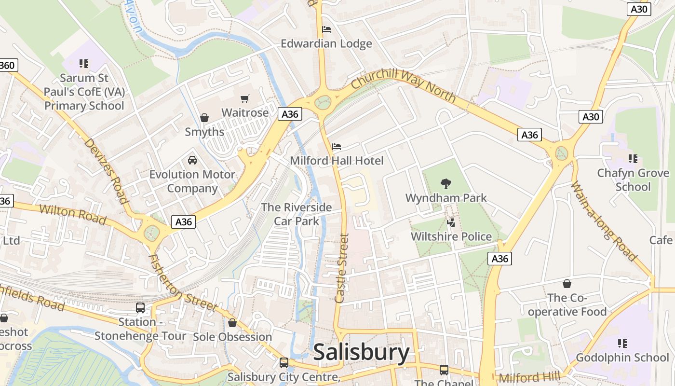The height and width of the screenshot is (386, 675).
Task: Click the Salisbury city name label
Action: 361,353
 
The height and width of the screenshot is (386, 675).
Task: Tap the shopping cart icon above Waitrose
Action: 245,98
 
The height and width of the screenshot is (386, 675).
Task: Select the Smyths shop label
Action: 204,132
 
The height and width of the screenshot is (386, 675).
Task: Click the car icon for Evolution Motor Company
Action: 192,160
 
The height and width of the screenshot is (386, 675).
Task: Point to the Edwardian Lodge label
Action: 326,43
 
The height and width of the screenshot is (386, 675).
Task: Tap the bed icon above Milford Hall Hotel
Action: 337,146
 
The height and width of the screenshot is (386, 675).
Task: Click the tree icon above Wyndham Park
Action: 446,183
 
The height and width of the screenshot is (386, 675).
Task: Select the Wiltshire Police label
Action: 451,236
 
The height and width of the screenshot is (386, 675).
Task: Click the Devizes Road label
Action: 106,171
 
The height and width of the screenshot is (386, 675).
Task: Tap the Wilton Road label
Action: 72,214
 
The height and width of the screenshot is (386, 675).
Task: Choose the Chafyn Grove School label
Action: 633,179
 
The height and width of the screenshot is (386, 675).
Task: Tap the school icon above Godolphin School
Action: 622,344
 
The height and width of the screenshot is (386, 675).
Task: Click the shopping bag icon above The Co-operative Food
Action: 567,284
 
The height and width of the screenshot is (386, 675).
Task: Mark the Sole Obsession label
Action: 232,337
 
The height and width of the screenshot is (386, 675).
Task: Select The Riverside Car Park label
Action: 297,214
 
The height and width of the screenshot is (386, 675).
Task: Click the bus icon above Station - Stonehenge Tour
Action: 140,308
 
